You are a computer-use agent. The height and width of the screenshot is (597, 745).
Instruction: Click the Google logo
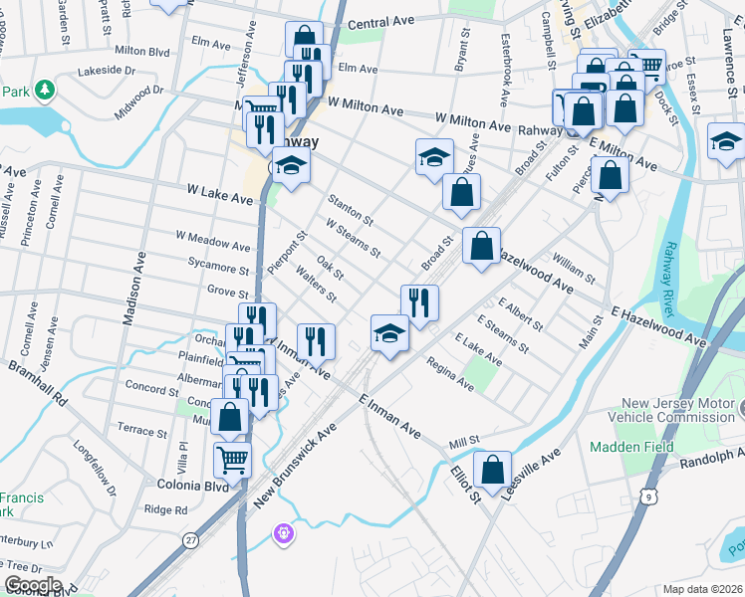point(33,585)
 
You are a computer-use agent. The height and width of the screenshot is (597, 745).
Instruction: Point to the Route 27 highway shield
point(189,539)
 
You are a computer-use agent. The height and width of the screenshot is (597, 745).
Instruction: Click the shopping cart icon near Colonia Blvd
point(232,459)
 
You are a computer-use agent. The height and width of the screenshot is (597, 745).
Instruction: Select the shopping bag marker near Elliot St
point(492,467)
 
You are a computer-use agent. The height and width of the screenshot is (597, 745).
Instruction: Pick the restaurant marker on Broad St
point(419,299)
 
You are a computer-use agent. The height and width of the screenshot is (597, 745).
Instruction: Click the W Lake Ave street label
point(220,194)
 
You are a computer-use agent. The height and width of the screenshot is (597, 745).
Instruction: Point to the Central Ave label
point(381,22)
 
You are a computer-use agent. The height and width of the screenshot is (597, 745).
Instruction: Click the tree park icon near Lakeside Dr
point(44,92)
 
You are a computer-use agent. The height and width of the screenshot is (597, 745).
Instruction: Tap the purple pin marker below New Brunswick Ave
point(284,534)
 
